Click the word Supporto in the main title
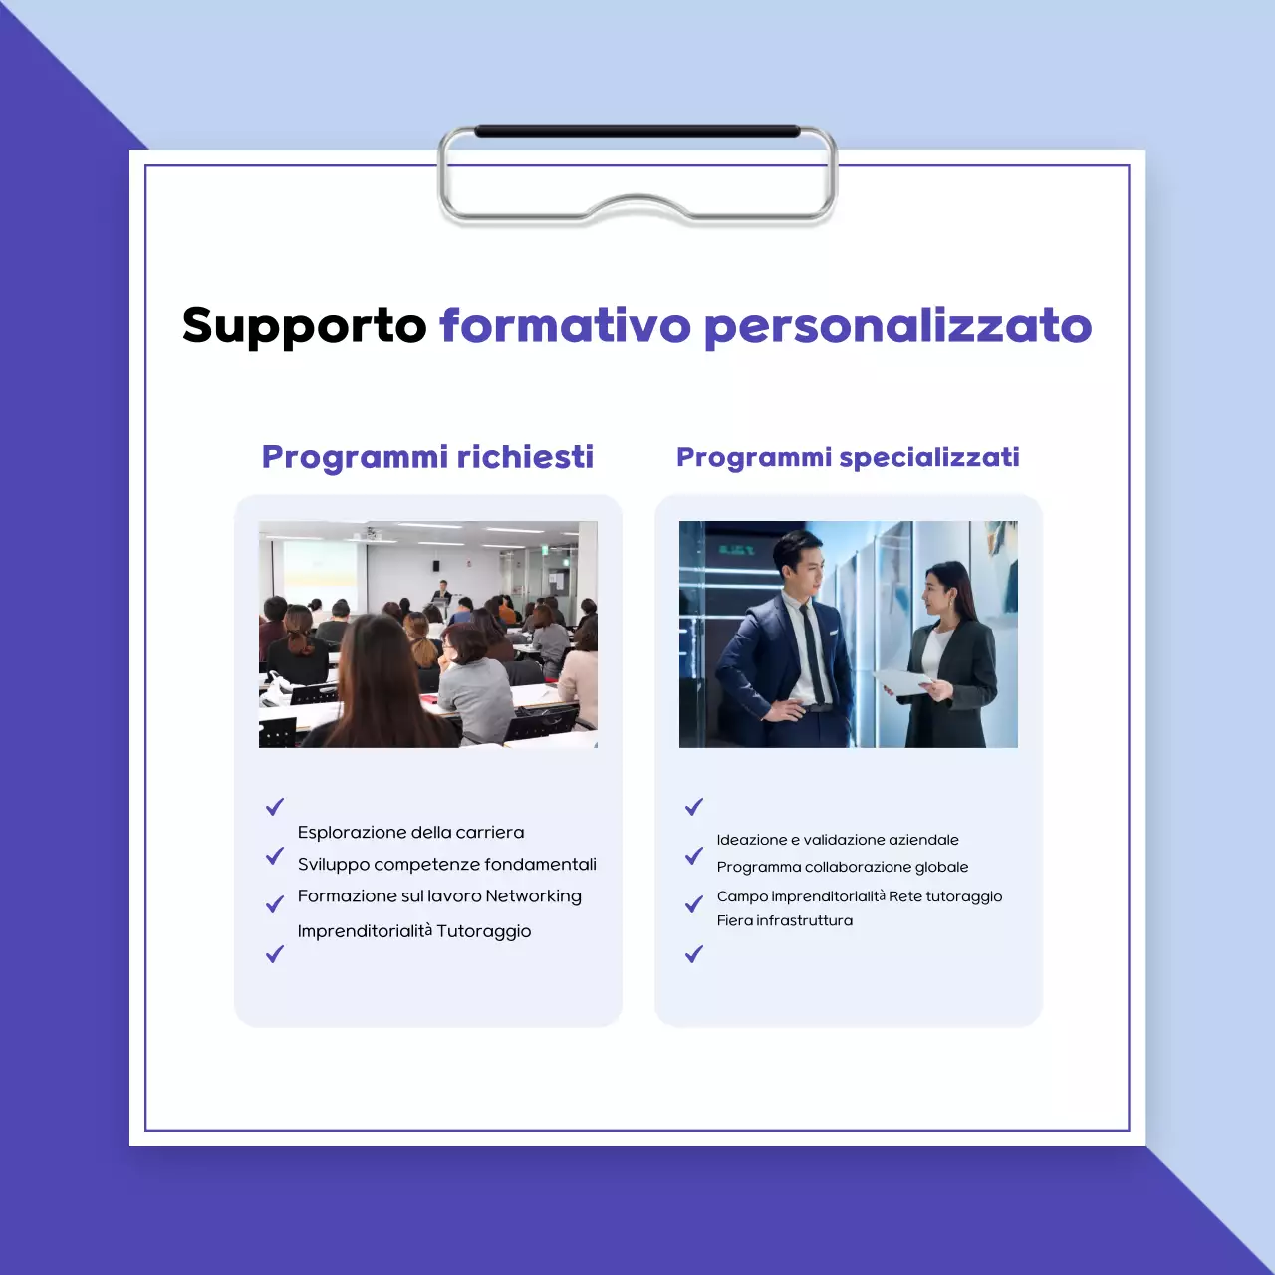coord(304,326)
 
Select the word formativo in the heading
coord(565,326)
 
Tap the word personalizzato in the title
coord(897,326)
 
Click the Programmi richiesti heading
coord(427,457)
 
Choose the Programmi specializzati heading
coord(848,457)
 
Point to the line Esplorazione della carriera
coord(410,833)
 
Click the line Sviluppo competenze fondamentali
coord(446,865)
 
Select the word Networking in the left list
coord(533,896)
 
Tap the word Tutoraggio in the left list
coord(484,931)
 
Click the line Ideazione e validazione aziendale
coord(838,840)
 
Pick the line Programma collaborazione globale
coord(843,867)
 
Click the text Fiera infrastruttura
coord(785,920)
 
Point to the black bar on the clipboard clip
coord(637,131)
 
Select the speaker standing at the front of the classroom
coord(440,595)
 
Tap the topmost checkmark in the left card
coord(275,807)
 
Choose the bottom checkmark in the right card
coord(694,954)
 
